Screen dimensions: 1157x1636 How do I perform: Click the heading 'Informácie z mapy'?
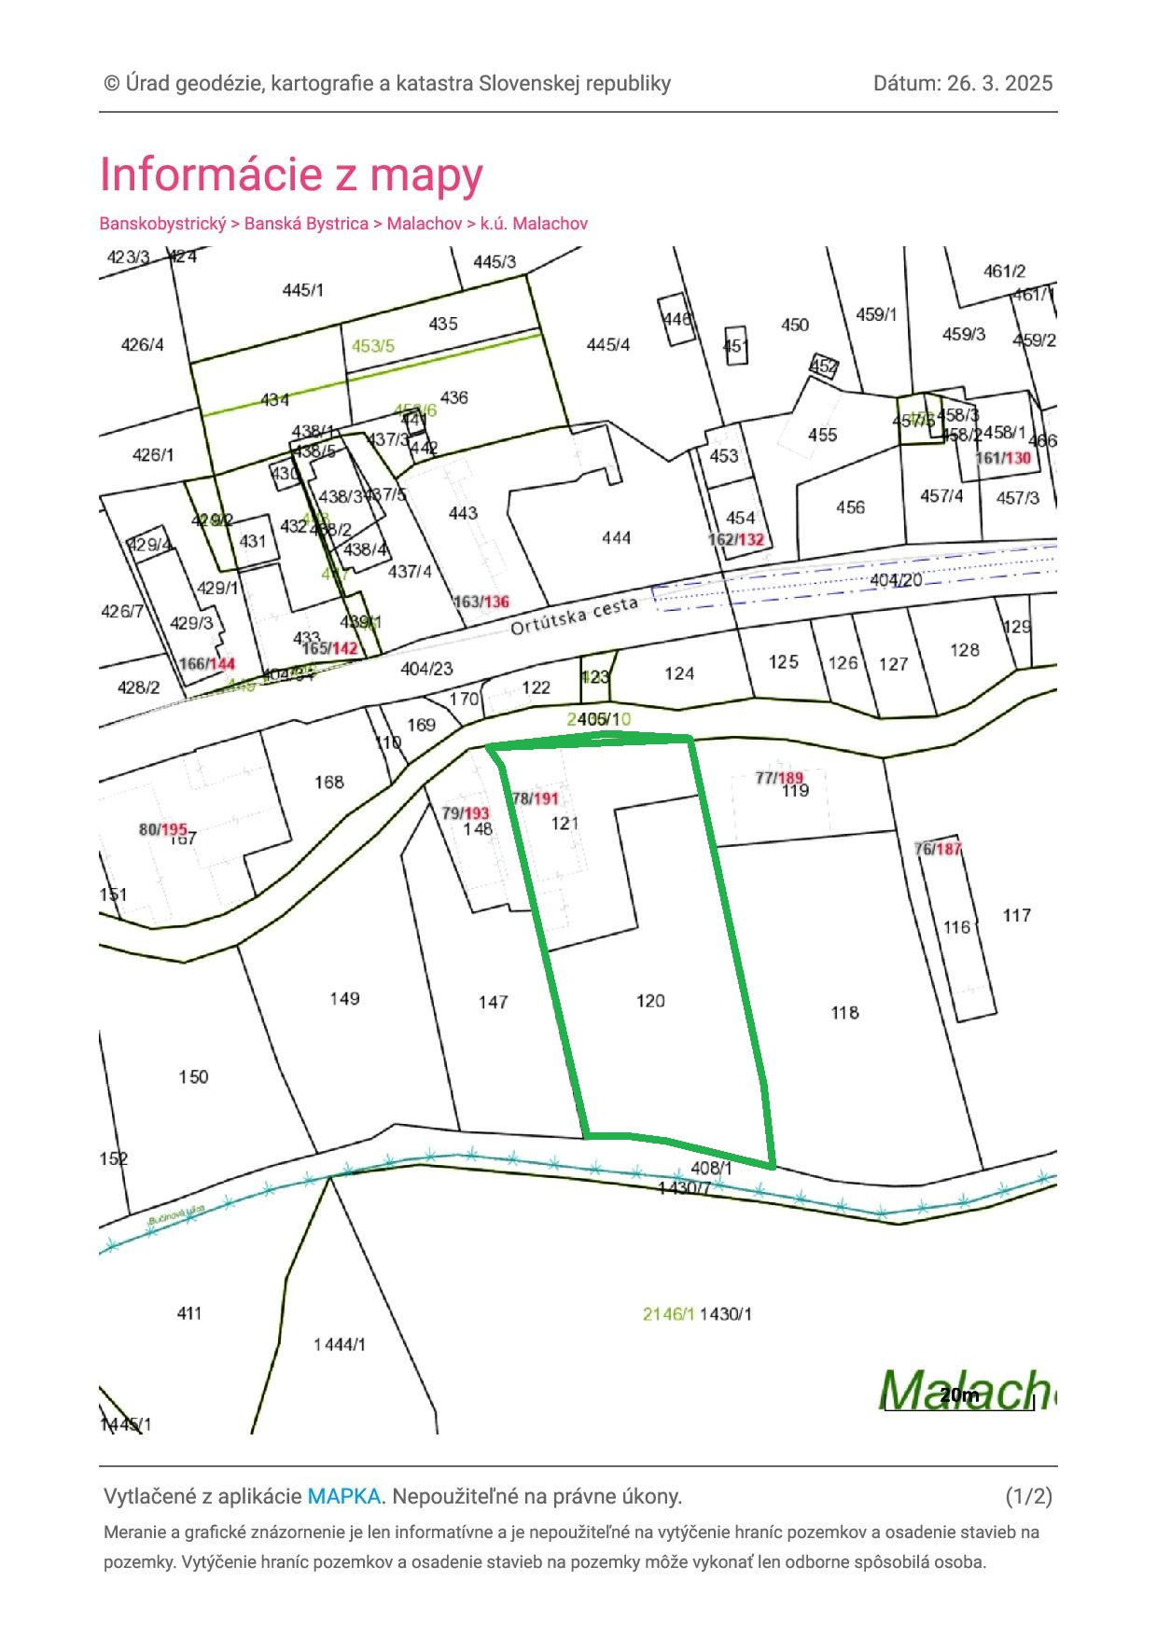point(291,174)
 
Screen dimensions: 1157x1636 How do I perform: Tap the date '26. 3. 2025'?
point(999,83)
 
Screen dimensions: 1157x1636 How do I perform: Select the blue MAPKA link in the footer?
point(343,1496)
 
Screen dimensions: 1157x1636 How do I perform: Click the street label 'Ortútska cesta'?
point(574,616)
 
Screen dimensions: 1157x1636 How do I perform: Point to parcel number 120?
point(650,1001)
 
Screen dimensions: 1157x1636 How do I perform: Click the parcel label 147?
point(493,1002)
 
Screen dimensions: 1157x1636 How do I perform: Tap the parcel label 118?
point(844,1012)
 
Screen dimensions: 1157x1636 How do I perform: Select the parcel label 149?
point(344,999)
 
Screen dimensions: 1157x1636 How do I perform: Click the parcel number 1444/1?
point(340,1344)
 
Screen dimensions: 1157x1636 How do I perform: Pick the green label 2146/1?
point(668,1314)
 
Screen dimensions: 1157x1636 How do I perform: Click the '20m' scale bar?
point(959,1396)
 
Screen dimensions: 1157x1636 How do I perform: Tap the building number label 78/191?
point(536,798)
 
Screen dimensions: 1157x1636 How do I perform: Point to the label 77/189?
point(779,778)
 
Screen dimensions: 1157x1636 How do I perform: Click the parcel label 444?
point(616,537)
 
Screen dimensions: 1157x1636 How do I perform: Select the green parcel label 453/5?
point(372,346)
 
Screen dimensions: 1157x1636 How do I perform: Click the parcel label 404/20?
point(896,580)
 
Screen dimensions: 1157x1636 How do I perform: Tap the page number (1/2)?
point(1028,1496)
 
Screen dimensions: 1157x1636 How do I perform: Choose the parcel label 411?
point(189,1313)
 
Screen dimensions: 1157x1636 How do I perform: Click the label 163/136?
point(481,602)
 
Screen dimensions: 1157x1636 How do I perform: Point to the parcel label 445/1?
point(302,290)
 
